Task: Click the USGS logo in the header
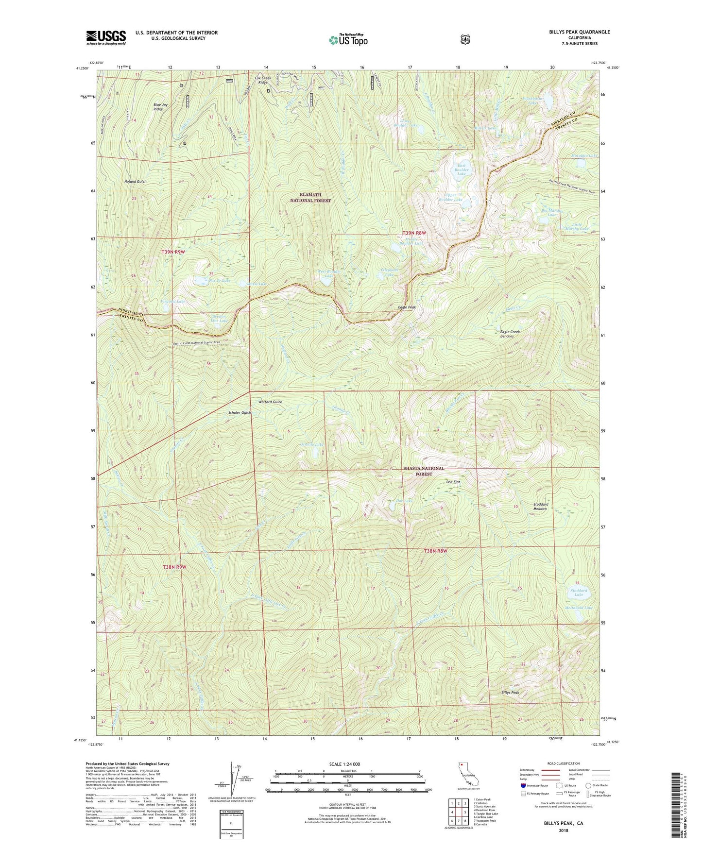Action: pos(106,37)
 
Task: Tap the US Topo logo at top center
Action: pos(348,40)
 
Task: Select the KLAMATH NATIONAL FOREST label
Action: pos(310,198)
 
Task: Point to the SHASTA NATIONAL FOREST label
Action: pos(424,471)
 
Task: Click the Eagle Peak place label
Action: pos(407,307)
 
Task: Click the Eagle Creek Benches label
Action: pos(510,334)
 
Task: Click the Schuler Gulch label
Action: pos(240,412)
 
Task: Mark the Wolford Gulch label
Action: pos(270,402)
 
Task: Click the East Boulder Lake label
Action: pos(462,170)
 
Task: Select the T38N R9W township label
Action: pos(174,567)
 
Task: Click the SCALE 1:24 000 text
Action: pos(344,764)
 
